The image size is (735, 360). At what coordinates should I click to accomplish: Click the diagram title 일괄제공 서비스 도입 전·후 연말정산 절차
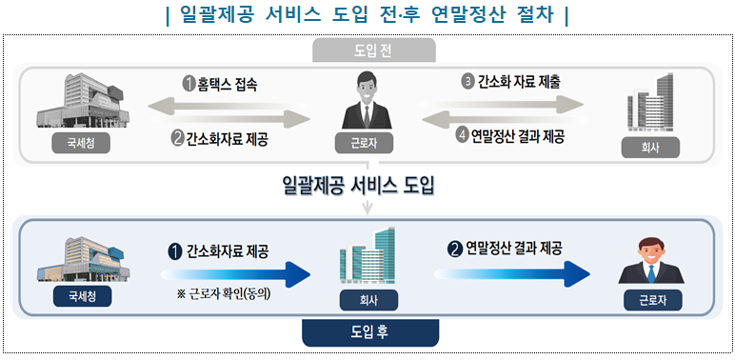click(x=367, y=15)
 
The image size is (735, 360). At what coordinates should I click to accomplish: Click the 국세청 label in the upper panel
click(x=80, y=144)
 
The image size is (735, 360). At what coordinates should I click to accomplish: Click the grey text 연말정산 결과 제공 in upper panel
click(x=518, y=136)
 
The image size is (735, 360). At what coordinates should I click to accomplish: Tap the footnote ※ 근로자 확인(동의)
click(x=225, y=293)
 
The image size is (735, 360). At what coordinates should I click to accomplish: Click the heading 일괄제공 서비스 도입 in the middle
click(x=359, y=185)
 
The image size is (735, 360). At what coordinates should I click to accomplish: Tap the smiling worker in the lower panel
click(x=651, y=257)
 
